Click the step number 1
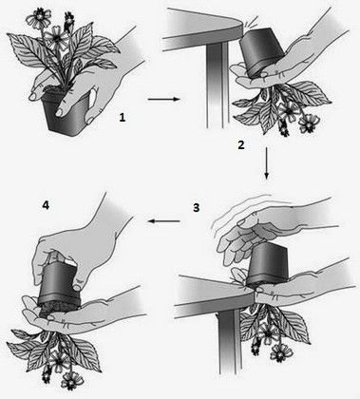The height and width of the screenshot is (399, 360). pos(123,118)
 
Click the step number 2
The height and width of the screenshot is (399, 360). pos(241,145)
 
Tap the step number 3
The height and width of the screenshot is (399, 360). pos(196,208)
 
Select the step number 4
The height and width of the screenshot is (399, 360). pos(46,206)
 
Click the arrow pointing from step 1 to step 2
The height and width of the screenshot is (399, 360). pos(163,99)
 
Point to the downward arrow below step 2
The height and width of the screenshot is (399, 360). pos(267,163)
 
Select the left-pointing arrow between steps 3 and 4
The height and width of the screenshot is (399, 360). pos(163,221)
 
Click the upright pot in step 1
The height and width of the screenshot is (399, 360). pos(65,112)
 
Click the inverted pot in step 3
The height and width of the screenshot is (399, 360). pos(267,266)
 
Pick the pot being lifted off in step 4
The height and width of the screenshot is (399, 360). pos(59,283)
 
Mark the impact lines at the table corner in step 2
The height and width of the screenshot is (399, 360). pos(246,21)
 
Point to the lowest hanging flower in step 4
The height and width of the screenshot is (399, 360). pos(69,381)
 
